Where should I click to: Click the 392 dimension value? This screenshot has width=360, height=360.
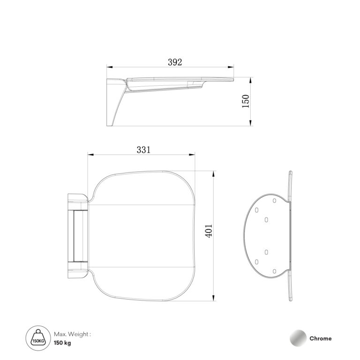point(175,62)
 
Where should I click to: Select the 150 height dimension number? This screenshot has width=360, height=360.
point(246,101)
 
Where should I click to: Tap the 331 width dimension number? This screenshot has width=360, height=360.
point(143,150)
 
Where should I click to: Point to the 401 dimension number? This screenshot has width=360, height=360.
point(209,231)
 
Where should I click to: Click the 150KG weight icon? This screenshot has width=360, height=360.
point(38,338)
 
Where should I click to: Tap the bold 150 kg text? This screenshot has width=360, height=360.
point(62,343)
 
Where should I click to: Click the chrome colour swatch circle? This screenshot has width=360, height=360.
point(298,338)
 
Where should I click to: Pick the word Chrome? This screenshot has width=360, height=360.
point(320,338)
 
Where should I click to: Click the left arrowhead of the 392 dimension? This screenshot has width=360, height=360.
point(110,67)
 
